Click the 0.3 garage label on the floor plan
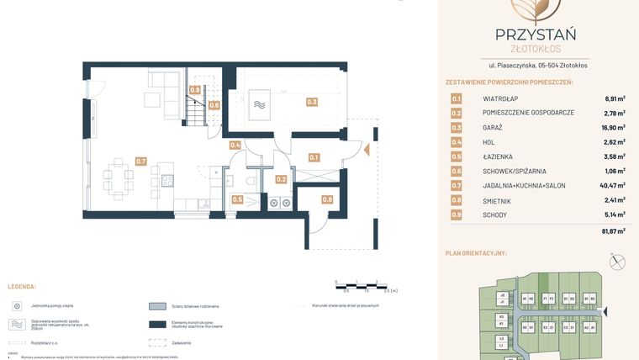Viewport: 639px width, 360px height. coord(312,102)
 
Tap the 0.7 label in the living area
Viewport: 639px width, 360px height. coord(141,161)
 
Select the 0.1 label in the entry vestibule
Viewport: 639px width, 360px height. coord(314,157)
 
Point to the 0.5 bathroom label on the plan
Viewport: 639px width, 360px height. coord(237,199)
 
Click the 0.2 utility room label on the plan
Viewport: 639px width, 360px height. coord(282,179)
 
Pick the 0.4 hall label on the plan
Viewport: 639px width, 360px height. coord(235,146)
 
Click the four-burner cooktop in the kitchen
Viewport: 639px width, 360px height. coord(167,180)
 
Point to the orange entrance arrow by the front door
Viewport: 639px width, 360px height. coord(367,151)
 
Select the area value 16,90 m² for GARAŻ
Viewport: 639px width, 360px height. coord(611,127)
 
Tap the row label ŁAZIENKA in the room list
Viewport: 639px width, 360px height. coord(499,156)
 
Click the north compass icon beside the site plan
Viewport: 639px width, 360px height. coord(619,262)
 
